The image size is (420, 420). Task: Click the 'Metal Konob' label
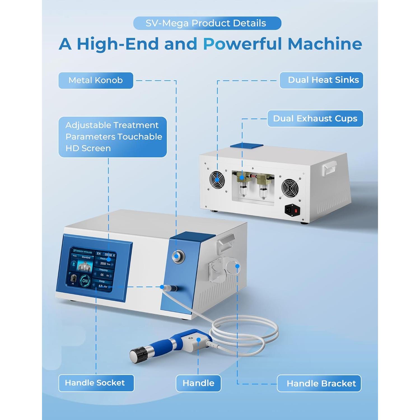pos(95,80)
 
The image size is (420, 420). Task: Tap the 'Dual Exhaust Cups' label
pos(315,118)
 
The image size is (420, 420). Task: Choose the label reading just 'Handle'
pos(198,383)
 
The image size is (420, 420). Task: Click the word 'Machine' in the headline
pos(325,44)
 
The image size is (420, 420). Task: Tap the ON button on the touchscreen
pos(85,281)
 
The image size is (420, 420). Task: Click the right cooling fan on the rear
pos(290,188)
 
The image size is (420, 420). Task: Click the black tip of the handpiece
pos(139,354)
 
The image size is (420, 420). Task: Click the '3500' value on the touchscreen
pos(103,263)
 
